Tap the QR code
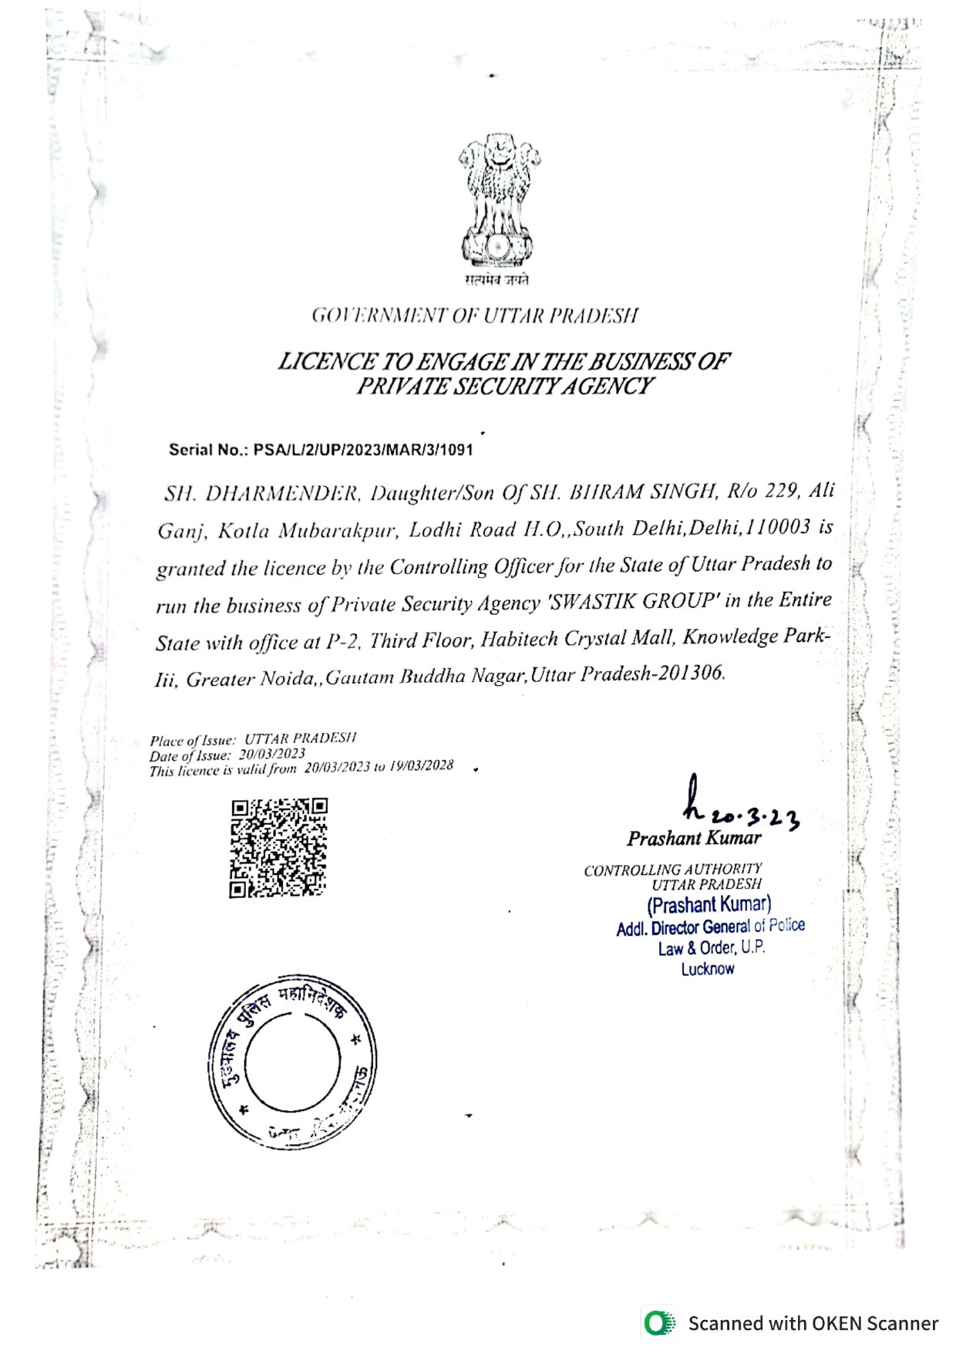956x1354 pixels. click(278, 849)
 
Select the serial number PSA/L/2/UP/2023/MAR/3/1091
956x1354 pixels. click(363, 449)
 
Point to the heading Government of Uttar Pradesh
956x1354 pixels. click(475, 316)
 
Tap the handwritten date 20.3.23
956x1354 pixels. click(754, 818)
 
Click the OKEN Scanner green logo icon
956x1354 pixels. click(658, 1323)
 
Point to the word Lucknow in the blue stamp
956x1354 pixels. click(707, 969)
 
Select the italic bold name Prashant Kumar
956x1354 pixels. click(694, 838)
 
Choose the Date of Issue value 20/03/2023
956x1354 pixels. click(271, 754)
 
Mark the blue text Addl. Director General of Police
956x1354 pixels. click(710, 927)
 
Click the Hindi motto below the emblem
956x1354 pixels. click(497, 280)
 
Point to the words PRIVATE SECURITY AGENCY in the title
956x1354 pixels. click(504, 386)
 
